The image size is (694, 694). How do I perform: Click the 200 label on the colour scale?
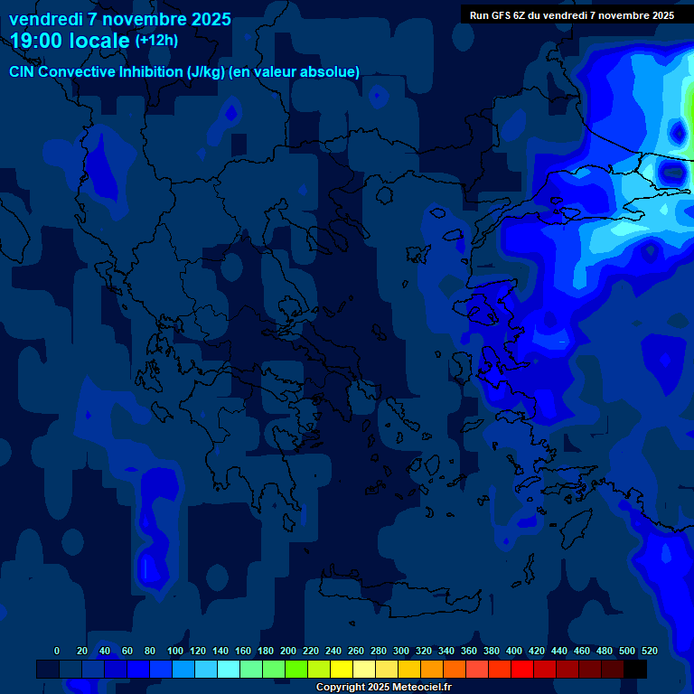[288, 651]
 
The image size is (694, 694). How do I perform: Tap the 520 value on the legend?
[650, 651]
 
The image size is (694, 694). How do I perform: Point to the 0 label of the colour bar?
[57, 651]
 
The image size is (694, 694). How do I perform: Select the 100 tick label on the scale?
[175, 651]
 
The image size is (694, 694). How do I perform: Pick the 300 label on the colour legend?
[401, 651]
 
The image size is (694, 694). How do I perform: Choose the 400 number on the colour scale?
[514, 651]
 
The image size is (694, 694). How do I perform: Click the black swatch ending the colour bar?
[635, 670]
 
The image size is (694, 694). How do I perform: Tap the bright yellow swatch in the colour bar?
[342, 670]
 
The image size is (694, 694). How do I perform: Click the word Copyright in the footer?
[342, 688]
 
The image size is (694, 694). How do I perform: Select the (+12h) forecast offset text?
[156, 41]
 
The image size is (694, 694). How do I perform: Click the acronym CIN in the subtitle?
[22, 71]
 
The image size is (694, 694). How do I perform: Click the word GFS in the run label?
[500, 15]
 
